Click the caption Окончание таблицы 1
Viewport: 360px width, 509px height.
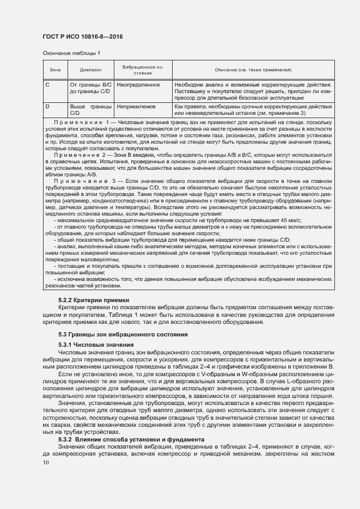point(71,53)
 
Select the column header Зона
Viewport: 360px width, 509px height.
point(54,70)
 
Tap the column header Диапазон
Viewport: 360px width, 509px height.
point(90,70)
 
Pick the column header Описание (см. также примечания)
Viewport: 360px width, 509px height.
point(254,70)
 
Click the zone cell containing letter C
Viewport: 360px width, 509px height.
point(47,85)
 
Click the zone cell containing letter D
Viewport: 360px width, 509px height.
point(47,107)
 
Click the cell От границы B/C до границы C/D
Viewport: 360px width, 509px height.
point(90,89)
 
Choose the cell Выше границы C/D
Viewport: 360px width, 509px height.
point(90,110)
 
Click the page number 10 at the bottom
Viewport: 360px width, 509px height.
point(46,463)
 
